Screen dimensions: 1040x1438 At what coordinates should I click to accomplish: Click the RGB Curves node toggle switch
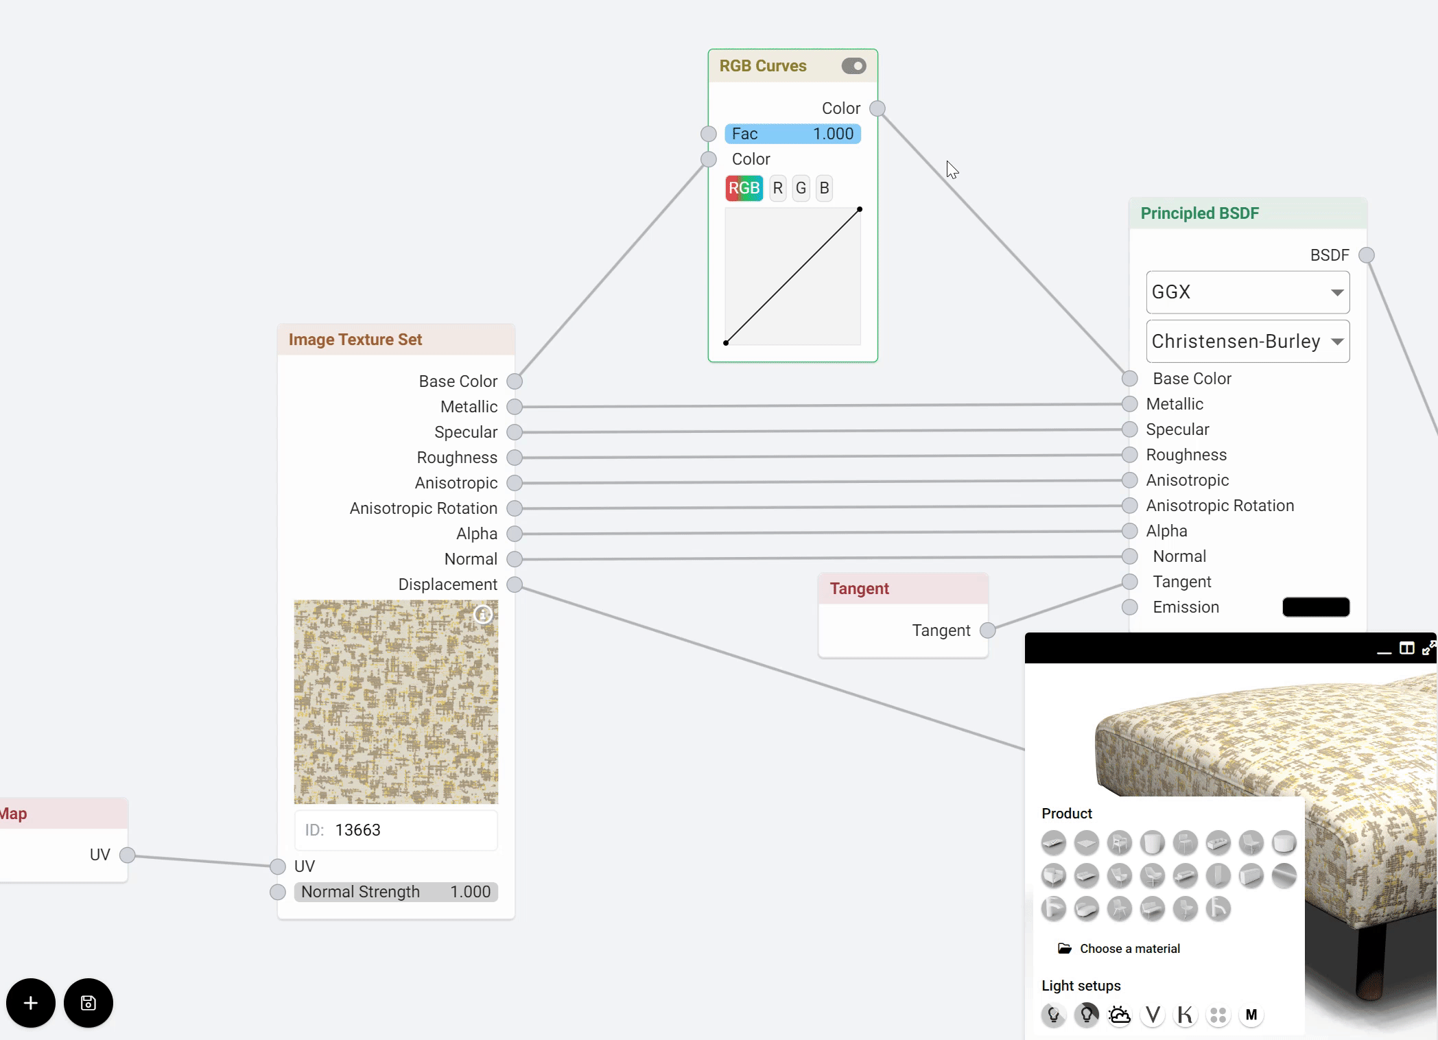pyautogui.click(x=853, y=66)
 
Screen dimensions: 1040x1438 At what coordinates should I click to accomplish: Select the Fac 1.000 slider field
pyautogui.click(x=792, y=134)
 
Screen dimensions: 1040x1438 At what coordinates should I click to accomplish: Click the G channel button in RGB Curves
pyautogui.click(x=801, y=188)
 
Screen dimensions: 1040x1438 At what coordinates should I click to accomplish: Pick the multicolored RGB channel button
pyautogui.click(x=744, y=188)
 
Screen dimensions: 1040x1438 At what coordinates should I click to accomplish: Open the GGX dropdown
pyautogui.click(x=1247, y=292)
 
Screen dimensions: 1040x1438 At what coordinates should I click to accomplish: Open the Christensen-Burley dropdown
pyautogui.click(x=1247, y=342)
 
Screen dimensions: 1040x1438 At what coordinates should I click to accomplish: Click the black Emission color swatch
pyautogui.click(x=1315, y=607)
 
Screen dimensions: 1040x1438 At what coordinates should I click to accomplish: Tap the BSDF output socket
pyautogui.click(x=1367, y=255)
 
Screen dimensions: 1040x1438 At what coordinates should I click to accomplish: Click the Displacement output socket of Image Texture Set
pyautogui.click(x=515, y=584)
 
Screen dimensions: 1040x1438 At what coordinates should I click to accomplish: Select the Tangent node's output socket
pyautogui.click(x=987, y=630)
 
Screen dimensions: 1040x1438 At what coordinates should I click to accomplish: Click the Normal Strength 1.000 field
pyautogui.click(x=396, y=892)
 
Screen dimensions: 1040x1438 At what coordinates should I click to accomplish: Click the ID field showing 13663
pyautogui.click(x=396, y=830)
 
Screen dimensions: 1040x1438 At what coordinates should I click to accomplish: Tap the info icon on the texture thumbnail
pyautogui.click(x=483, y=615)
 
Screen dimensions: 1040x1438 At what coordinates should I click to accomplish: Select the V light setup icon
pyautogui.click(x=1153, y=1015)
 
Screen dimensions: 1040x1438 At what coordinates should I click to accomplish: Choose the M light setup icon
pyautogui.click(x=1251, y=1015)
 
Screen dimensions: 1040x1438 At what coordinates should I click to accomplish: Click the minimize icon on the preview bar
pyautogui.click(x=1384, y=649)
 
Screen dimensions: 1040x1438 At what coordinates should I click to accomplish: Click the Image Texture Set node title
pyautogui.click(x=355, y=340)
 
